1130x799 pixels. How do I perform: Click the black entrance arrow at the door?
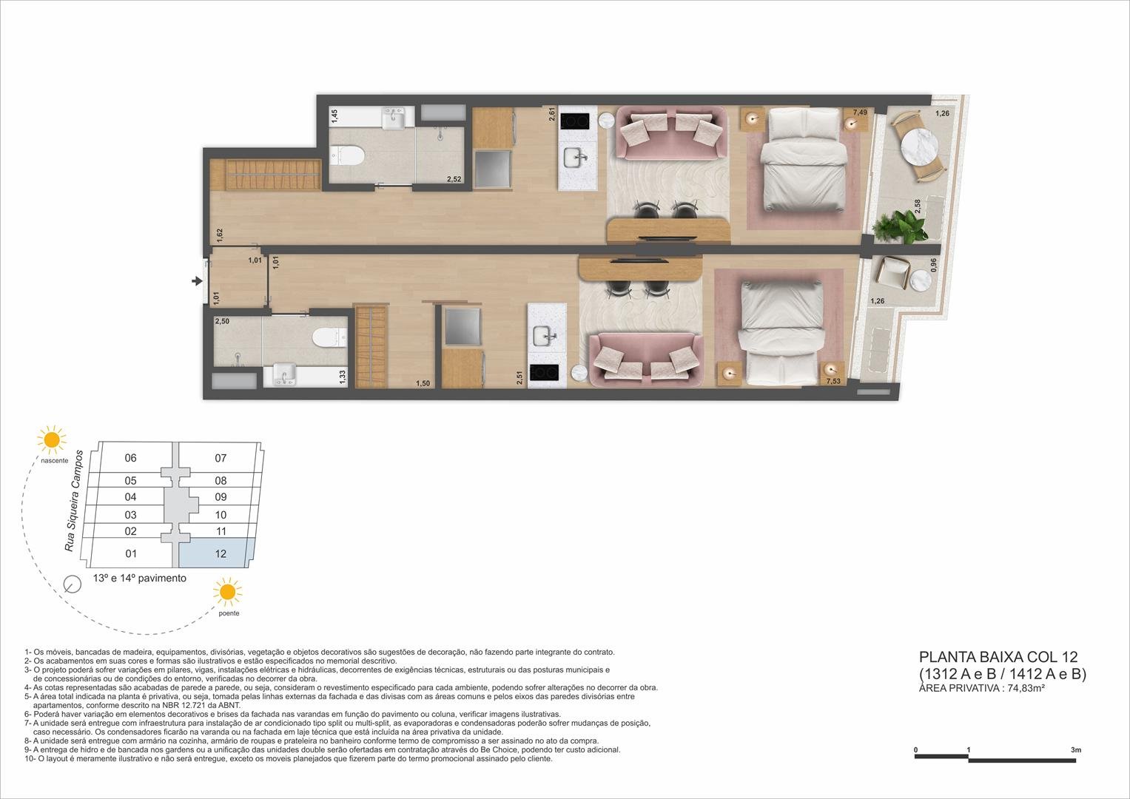(x=196, y=281)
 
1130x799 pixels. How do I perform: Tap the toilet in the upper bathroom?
(x=347, y=155)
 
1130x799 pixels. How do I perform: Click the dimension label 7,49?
(x=859, y=112)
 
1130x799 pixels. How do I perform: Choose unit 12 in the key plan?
(x=221, y=554)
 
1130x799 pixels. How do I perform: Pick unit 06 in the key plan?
(x=131, y=458)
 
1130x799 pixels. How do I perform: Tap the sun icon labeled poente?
(x=226, y=593)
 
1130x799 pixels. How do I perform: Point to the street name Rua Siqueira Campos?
(x=74, y=500)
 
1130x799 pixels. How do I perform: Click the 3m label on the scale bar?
(x=1075, y=750)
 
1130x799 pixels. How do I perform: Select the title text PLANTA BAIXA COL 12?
(x=998, y=657)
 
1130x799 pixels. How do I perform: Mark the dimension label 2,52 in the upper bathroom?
(x=454, y=179)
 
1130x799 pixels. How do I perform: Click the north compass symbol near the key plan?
(x=72, y=584)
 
